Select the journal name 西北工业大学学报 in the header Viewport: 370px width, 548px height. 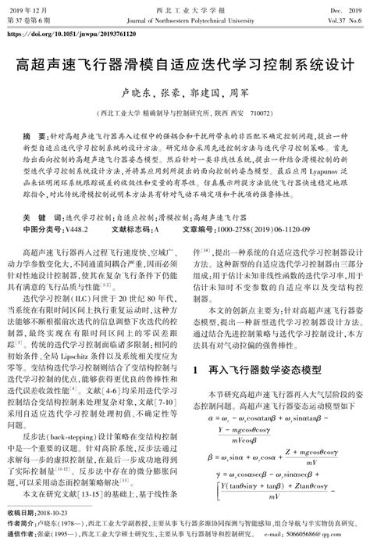coord(185,6)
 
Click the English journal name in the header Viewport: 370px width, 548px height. coord(185,18)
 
